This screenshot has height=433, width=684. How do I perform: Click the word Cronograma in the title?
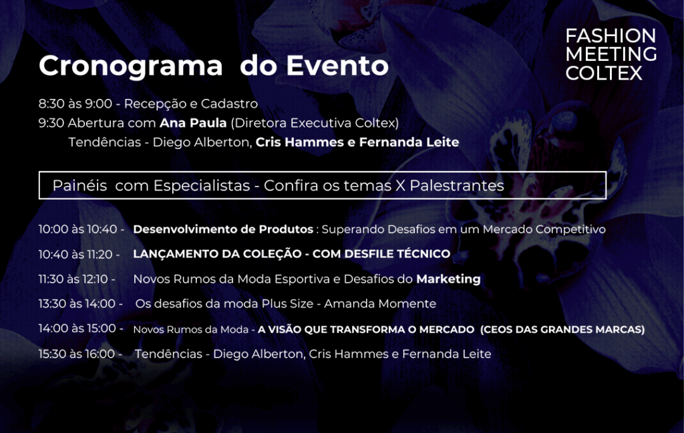click(131, 66)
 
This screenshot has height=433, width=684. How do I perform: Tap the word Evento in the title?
click(337, 65)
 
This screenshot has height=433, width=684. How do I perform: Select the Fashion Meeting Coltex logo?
click(611, 54)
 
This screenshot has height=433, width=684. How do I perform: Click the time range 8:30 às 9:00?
click(75, 104)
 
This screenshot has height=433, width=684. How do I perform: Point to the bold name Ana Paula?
click(193, 123)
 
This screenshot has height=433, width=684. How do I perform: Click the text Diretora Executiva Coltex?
click(315, 123)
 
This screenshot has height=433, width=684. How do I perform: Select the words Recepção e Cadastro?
click(191, 104)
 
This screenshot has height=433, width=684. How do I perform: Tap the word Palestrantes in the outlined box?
click(457, 186)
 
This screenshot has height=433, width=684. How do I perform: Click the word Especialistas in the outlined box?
click(202, 186)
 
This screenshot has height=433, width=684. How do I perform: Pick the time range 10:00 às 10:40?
click(78, 229)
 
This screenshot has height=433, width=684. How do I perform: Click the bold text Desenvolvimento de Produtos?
click(223, 229)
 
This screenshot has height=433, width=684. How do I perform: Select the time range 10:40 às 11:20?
click(75, 254)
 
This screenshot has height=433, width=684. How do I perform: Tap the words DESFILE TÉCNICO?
click(397, 254)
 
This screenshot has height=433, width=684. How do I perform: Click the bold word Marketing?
click(448, 279)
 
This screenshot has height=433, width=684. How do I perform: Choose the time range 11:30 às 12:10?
click(73, 279)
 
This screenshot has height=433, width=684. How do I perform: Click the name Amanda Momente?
click(380, 304)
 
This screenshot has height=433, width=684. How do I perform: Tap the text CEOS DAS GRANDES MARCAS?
click(562, 329)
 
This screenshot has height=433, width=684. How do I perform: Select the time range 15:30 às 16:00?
click(77, 353)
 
